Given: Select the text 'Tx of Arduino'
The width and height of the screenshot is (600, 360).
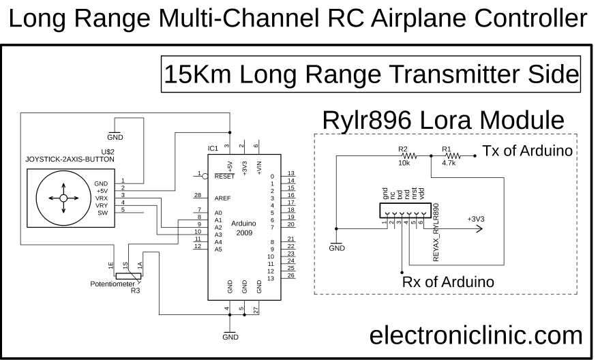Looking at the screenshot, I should (526, 151).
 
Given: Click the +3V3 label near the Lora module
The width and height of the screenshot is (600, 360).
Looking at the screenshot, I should (477, 219).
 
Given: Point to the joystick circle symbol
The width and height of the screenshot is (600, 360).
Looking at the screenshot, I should (62, 198).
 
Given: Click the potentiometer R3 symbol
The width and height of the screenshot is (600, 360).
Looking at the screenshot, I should (127, 276).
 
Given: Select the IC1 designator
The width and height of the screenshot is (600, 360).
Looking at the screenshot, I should (213, 148).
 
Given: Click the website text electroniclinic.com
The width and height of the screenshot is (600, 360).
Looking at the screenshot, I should (476, 335).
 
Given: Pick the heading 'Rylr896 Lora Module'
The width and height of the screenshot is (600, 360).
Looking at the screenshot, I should (443, 120).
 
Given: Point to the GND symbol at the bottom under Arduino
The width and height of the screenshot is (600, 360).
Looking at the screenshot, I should (230, 334).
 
